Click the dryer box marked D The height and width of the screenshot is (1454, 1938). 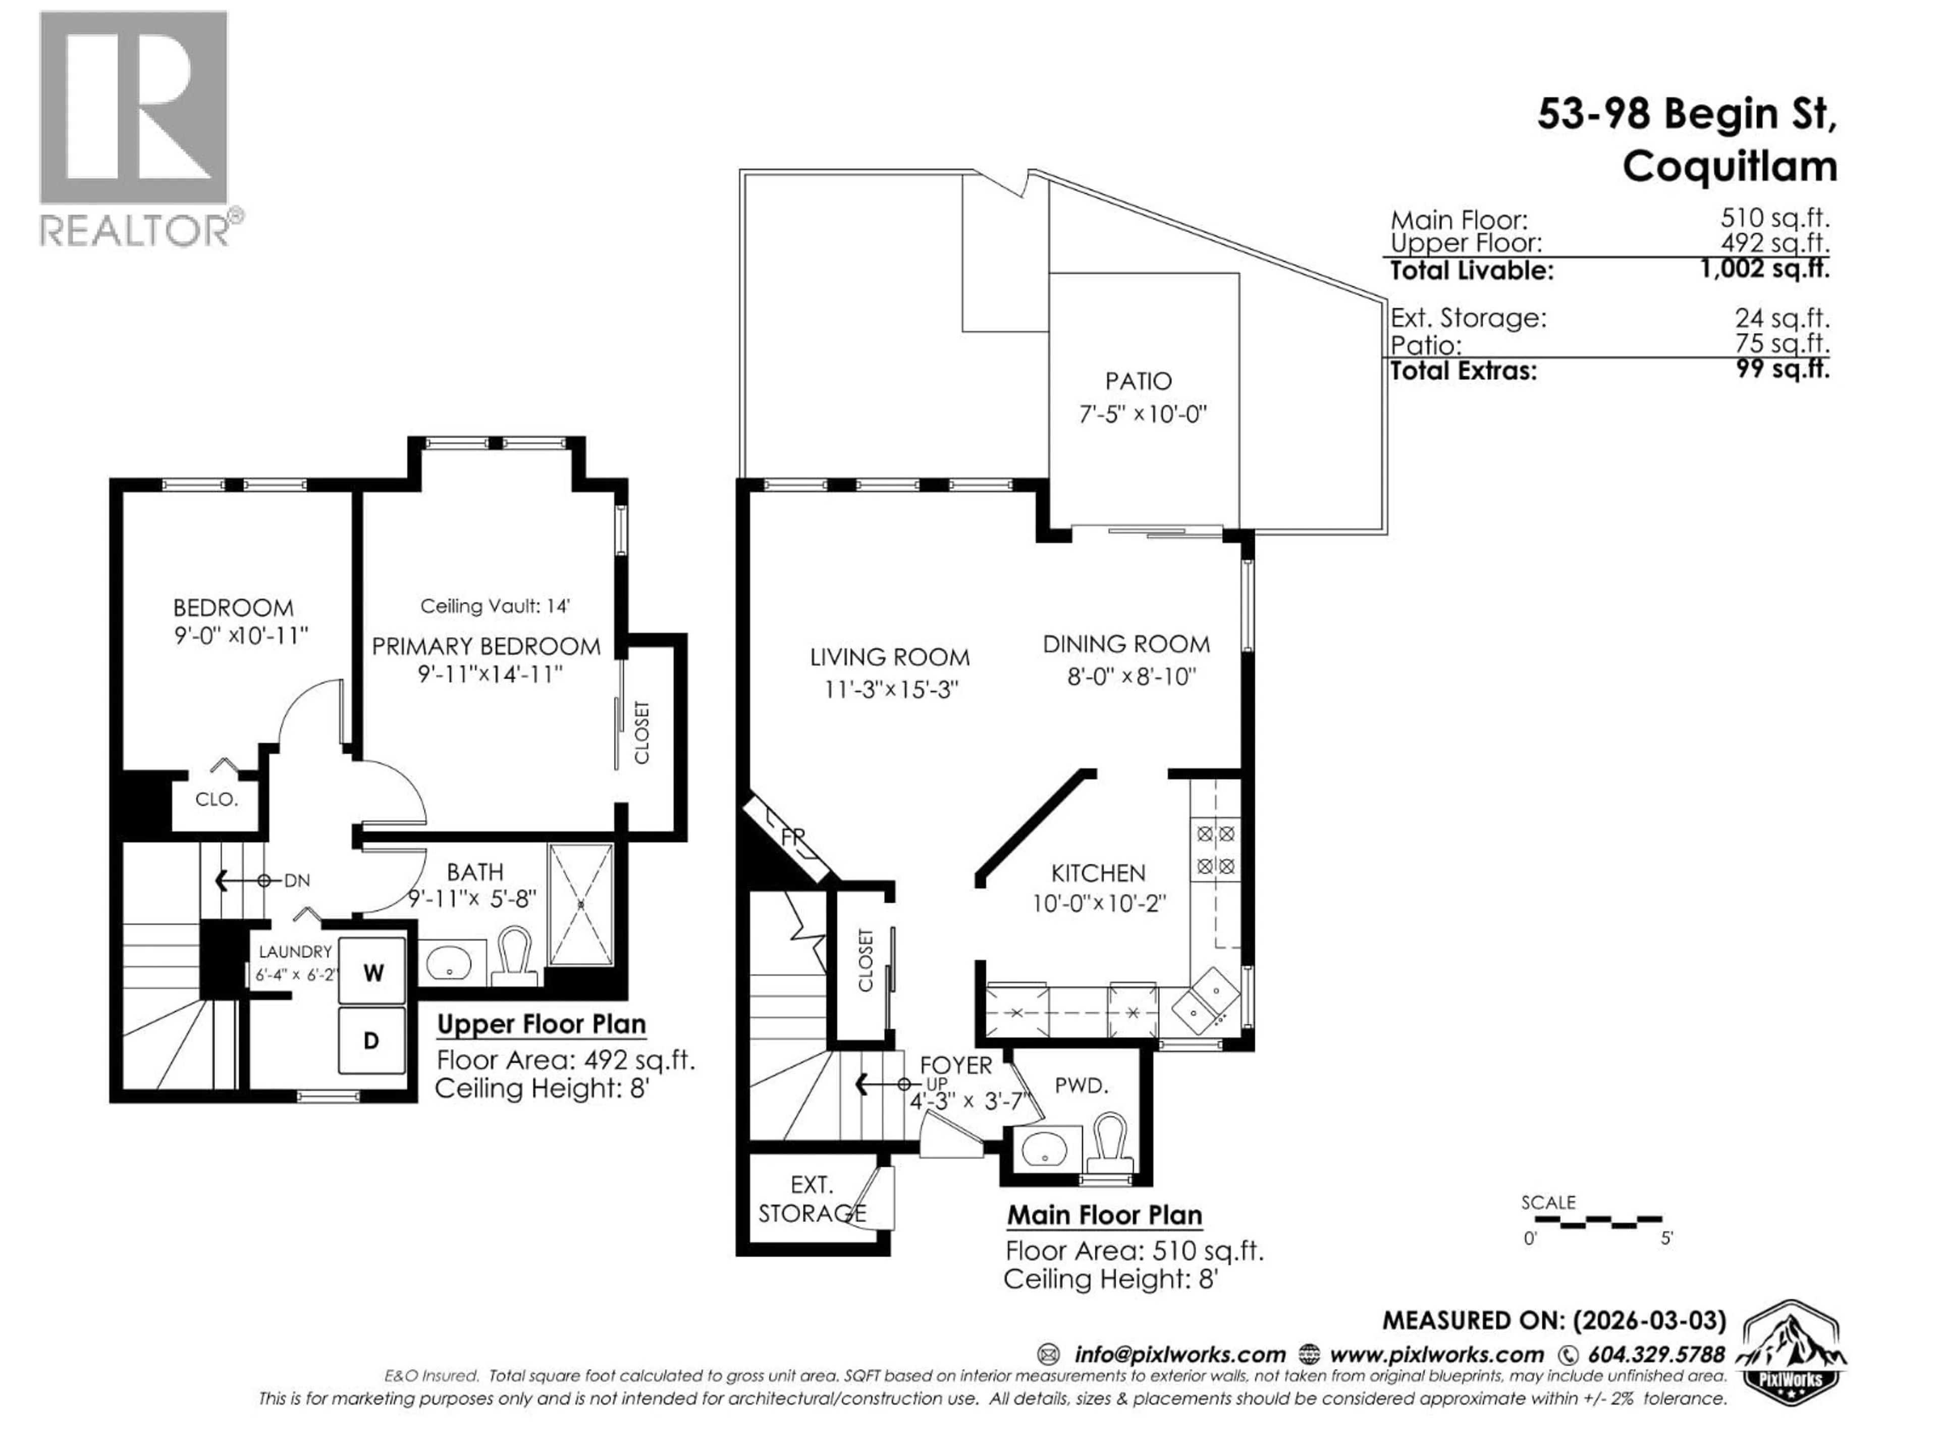pos(371,1041)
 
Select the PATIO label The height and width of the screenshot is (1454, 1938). pos(1138,381)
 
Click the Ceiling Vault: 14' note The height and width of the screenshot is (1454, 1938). pos(495,606)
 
